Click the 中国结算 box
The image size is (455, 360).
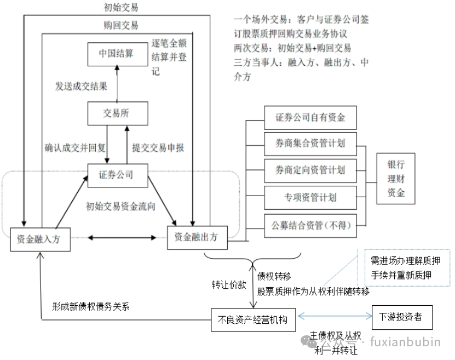pyautogui.click(x=116, y=54)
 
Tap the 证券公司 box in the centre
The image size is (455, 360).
pyautogui.click(x=116, y=175)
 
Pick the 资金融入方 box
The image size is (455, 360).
pyautogui.click(x=41, y=239)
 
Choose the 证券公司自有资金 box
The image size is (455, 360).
pyautogui.click(x=310, y=118)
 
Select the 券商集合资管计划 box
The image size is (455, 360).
pyautogui.click(x=310, y=144)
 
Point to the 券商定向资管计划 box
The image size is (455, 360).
pyautogui.click(x=310, y=170)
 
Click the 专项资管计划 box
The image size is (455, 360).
pyautogui.click(x=310, y=197)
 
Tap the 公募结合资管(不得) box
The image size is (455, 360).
pyautogui.click(x=310, y=224)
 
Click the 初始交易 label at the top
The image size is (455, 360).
pyautogui.click(x=120, y=7)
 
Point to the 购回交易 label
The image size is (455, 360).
pyautogui.click(x=120, y=25)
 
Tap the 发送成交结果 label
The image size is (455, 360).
pyautogui.click(x=81, y=86)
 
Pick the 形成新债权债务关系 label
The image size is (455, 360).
pyautogui.click(x=91, y=306)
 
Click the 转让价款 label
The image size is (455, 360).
pyautogui.click(x=229, y=284)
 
